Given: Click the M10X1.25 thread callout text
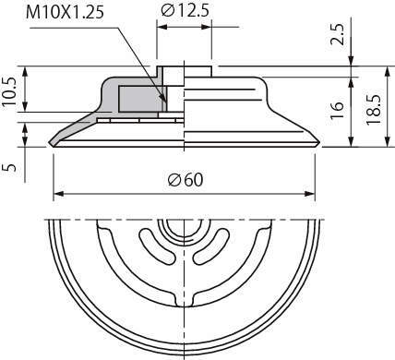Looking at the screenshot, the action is (x=65, y=13).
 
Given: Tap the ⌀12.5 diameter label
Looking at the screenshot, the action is (x=185, y=11).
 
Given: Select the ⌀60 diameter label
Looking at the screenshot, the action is (x=186, y=180).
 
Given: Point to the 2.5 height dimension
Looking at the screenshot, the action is (x=338, y=34).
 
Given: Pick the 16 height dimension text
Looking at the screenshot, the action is (x=338, y=110).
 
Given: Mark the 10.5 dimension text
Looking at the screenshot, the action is (x=9, y=91).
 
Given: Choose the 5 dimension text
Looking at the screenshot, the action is (x=9, y=167).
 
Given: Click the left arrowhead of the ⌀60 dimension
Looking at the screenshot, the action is (x=58, y=194).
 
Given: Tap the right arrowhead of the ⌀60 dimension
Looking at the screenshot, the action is (x=310, y=194).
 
